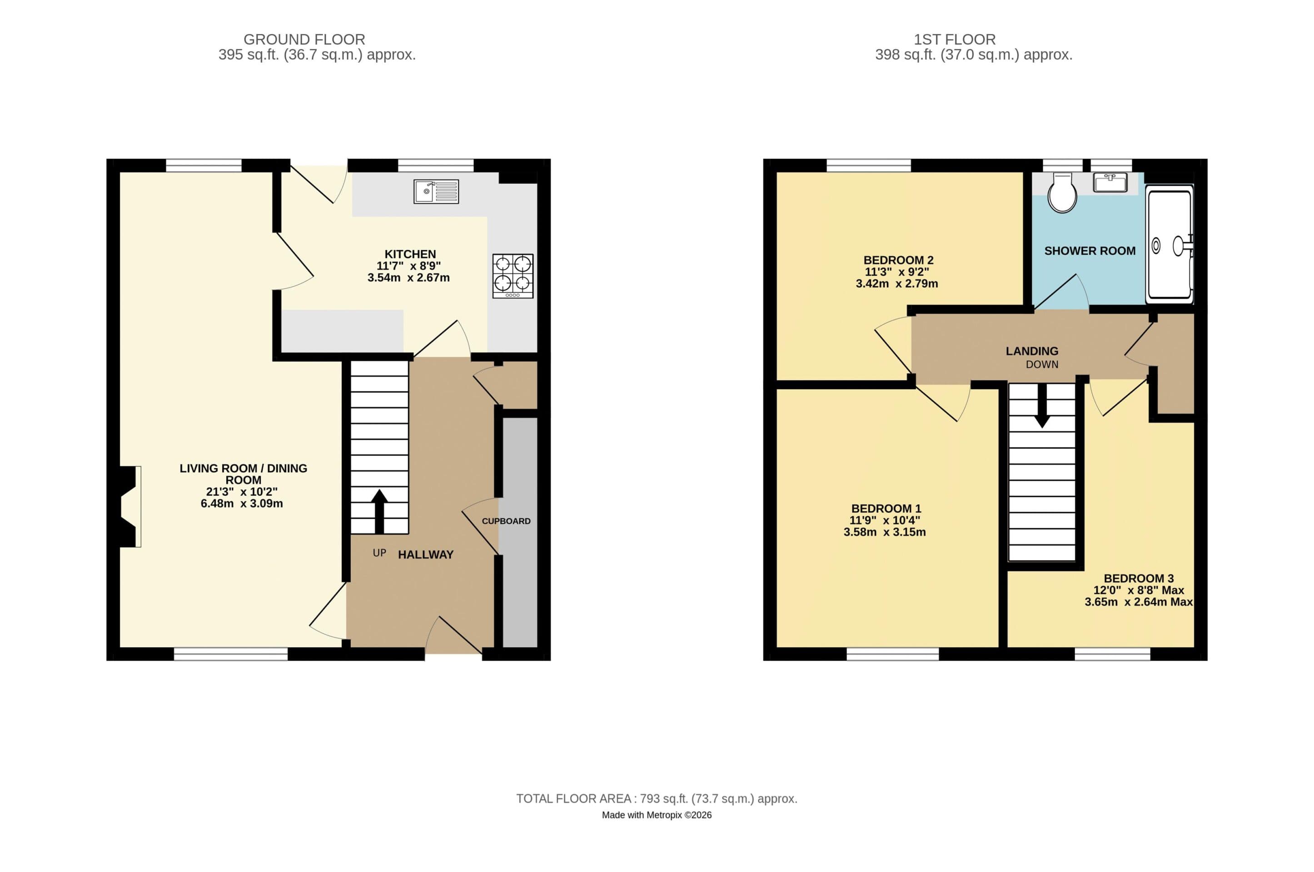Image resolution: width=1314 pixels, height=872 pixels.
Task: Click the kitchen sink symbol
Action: pos(436,191)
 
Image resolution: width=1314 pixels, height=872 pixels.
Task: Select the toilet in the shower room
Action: pos(1061,193)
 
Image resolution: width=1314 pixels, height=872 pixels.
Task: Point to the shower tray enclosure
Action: pos(1169,245)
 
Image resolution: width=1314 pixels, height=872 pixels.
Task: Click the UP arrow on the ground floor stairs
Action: pos(379,510)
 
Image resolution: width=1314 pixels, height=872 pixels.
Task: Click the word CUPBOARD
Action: pos(506,521)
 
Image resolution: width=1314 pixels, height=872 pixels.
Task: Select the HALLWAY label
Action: pos(426,555)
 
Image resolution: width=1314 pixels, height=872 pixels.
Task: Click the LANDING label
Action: pos(1031,351)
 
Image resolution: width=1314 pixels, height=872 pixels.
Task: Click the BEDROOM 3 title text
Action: pos(1138,578)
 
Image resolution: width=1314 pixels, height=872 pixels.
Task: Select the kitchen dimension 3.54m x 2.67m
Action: pos(408,277)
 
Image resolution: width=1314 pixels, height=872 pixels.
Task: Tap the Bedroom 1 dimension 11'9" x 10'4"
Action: pos(885,520)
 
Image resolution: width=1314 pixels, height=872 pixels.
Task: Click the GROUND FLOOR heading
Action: pos(304,40)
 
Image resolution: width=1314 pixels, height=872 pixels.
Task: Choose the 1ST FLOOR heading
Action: pos(954,40)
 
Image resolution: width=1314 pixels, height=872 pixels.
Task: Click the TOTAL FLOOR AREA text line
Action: pos(657,798)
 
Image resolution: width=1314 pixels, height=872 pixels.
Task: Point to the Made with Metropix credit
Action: pos(657,815)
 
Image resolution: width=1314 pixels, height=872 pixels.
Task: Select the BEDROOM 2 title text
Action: pos(898,260)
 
